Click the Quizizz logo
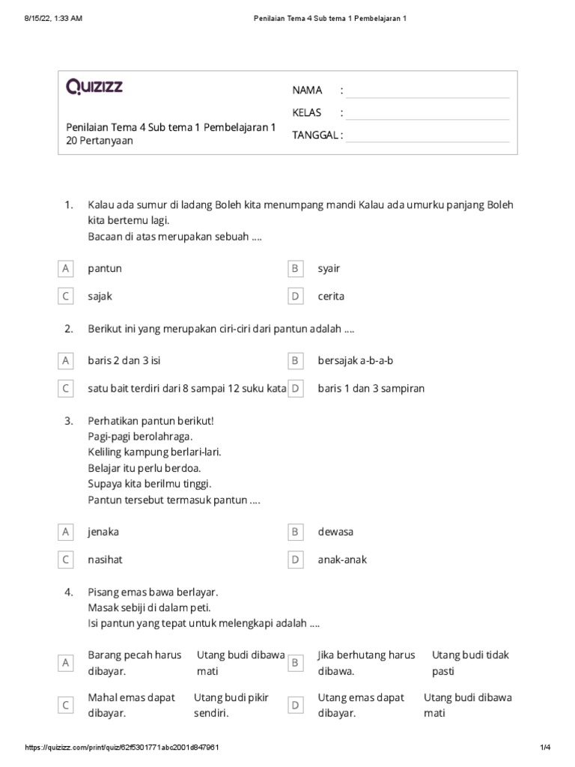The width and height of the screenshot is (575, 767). click(95, 88)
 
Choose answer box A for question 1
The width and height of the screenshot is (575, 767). click(66, 268)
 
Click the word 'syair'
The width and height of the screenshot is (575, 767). click(329, 268)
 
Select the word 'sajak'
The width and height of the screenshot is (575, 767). click(100, 296)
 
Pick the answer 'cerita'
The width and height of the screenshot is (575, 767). click(331, 296)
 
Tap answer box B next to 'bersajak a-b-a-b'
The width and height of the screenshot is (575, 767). click(295, 361)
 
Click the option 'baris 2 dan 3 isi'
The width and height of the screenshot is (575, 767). click(124, 361)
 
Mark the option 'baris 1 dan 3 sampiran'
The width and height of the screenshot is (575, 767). click(371, 389)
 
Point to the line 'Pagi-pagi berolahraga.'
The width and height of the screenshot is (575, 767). click(141, 435)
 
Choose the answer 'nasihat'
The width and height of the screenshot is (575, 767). click(105, 560)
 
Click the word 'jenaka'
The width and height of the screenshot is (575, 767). click(103, 532)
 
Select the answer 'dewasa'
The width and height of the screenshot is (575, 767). click(335, 532)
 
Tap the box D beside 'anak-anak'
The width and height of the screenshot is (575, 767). click(295, 560)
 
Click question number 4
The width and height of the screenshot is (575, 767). click(68, 591)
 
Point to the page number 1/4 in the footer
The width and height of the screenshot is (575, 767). click(545, 748)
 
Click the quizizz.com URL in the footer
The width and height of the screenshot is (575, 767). click(122, 748)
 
